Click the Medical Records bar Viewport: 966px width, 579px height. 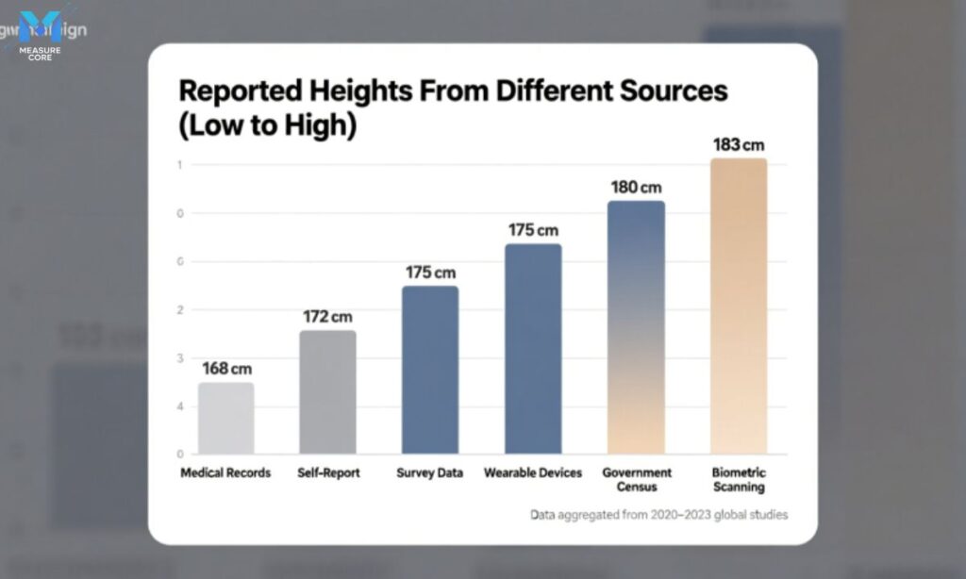coord(225,418)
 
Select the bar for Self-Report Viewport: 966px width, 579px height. coord(327,392)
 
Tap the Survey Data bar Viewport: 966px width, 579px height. coord(430,370)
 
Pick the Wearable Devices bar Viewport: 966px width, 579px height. coord(533,349)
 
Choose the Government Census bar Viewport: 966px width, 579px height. coord(636,327)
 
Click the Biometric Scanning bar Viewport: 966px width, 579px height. coord(739,306)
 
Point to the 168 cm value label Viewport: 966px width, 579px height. coord(227,369)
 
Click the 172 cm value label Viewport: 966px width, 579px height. coord(328,317)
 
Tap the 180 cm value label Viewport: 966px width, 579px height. coord(635,188)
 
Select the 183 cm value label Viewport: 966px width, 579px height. coord(738,145)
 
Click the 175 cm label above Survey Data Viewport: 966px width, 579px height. coord(431,273)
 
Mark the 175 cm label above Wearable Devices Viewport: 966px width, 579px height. coord(534,230)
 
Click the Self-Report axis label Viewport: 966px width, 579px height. coord(328,472)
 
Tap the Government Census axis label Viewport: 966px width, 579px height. coord(637,480)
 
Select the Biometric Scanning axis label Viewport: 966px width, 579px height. coord(739,480)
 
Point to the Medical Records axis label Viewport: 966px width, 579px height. coord(225,472)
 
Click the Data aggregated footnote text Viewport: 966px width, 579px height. coord(658,515)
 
